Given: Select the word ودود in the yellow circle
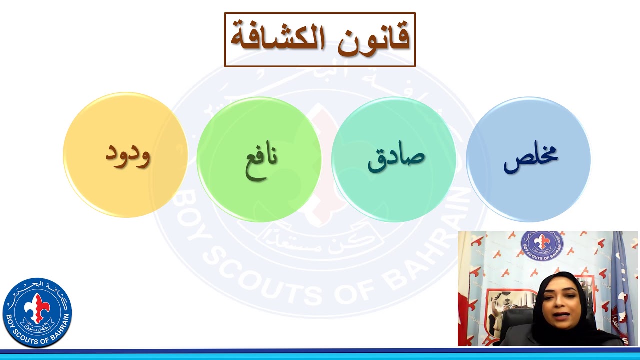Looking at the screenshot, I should coord(127,154).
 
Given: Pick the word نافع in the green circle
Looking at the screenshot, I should coord(261,159).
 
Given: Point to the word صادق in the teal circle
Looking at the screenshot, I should coord(396,157).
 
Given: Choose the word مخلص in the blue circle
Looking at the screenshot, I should coord(530,157).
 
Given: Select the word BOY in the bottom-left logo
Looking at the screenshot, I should coord(10,320).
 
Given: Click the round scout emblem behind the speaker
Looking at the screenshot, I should coord(542,246).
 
